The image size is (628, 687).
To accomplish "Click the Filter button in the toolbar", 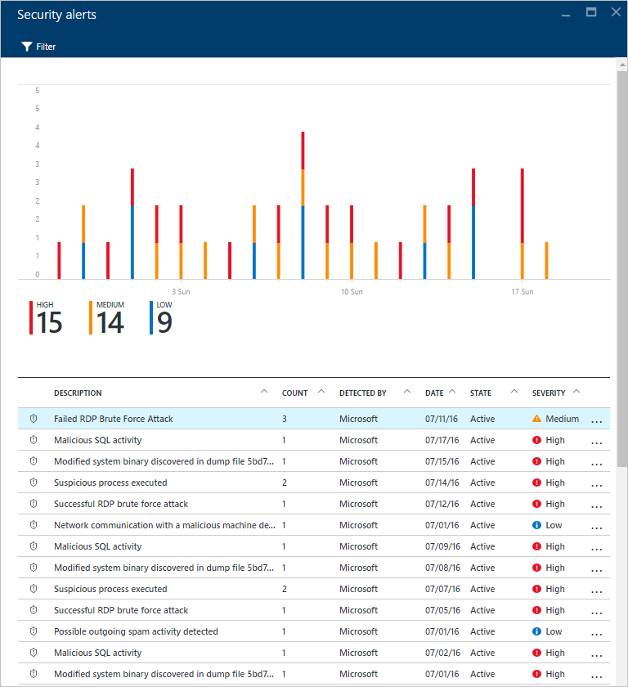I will (38, 47).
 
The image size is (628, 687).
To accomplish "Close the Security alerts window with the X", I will (616, 13).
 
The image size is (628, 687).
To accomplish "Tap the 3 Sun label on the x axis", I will (181, 291).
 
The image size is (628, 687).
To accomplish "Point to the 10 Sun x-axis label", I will (352, 291).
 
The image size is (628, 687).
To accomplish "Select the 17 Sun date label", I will (522, 291).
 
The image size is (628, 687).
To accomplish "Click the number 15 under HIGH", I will (49, 323).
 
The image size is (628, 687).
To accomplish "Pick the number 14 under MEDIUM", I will (110, 323).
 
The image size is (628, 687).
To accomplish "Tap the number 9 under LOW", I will (164, 323).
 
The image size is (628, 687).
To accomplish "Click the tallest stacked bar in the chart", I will (303, 204).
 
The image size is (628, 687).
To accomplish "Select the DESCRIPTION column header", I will (78, 393).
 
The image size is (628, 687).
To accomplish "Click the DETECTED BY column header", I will (362, 393).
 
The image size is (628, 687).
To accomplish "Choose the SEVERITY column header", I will (548, 393).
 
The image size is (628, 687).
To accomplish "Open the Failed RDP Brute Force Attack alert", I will (114, 419).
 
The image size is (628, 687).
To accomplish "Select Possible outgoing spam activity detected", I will (136, 631).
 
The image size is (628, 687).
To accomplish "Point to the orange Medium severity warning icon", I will (536, 419).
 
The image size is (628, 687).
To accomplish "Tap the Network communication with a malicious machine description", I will (164, 525).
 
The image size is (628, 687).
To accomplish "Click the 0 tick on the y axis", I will (37, 275).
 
